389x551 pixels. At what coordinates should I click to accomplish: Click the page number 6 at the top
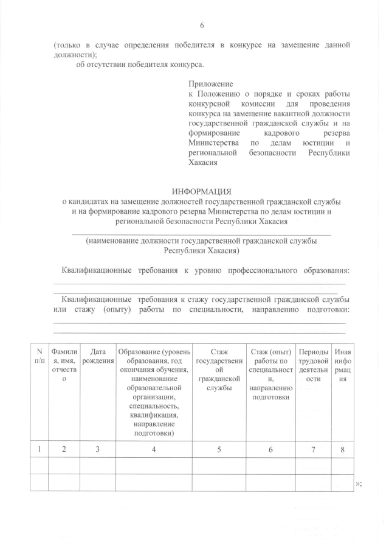(202, 26)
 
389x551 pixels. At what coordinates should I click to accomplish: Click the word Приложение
(210, 84)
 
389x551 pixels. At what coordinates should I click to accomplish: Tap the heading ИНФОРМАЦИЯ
(202, 191)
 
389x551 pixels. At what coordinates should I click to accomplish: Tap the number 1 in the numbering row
(39, 449)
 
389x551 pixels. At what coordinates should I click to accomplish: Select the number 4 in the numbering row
(153, 449)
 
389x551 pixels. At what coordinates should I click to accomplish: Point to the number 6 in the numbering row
(270, 449)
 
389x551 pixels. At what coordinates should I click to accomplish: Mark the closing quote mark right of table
(358, 483)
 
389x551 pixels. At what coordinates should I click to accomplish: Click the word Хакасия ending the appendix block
(203, 163)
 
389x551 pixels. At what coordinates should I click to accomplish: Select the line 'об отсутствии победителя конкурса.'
(140, 65)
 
